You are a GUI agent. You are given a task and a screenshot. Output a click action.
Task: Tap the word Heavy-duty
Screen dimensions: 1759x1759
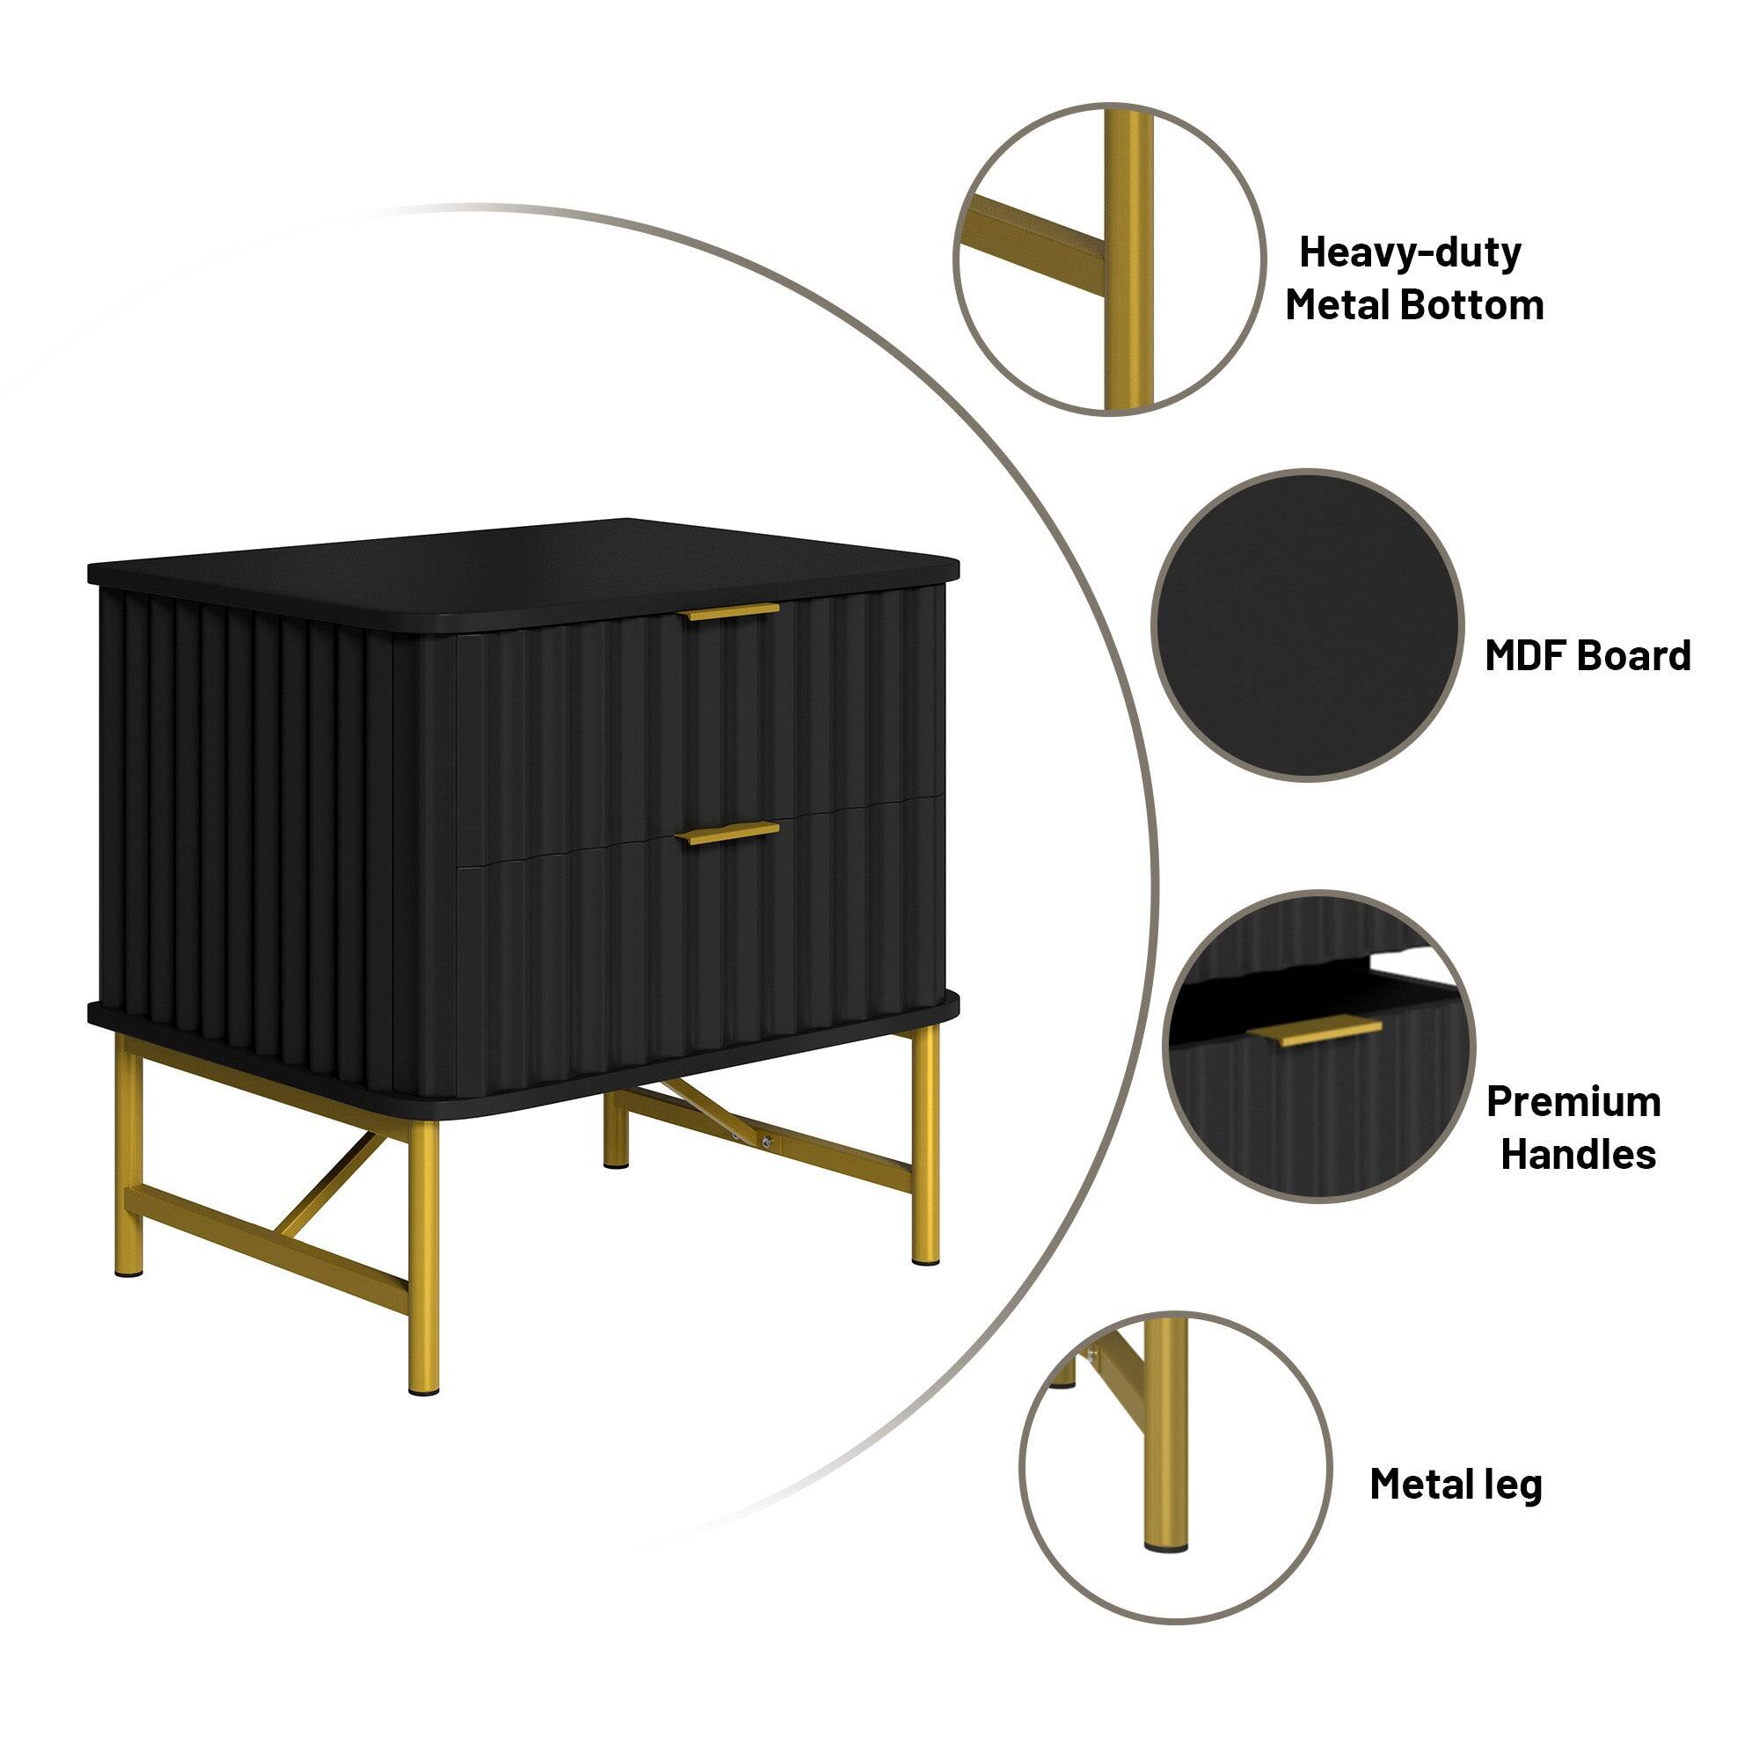(x=1409, y=252)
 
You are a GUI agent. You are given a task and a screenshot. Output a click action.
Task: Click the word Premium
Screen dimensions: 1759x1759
(x=1573, y=1102)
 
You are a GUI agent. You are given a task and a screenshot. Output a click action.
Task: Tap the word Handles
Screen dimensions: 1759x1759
(x=1578, y=1155)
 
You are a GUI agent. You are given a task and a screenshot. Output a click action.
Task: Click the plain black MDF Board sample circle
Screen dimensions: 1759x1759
(x=1308, y=624)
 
